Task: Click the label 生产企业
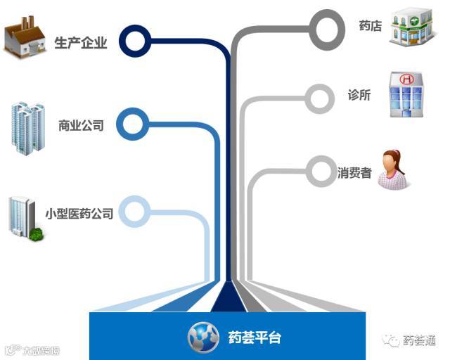pos(81,43)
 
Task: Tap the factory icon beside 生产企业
pos(25,36)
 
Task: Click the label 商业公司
pos(81,127)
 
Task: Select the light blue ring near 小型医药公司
pos(134,210)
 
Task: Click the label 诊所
pos(359,96)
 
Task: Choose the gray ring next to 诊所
pos(320,98)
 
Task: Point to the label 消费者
pos(354,172)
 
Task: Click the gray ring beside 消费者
pos(321,169)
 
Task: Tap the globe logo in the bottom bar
pos(202,337)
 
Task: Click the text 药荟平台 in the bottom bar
pos(255,337)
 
